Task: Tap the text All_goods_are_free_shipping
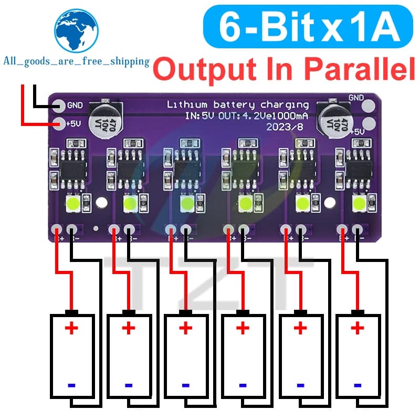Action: (76, 62)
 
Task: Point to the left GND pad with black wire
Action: (59, 106)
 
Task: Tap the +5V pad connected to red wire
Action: (59, 124)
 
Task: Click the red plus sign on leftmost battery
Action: (71, 329)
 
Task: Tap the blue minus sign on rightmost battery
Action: (358, 385)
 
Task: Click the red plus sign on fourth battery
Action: (243, 329)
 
